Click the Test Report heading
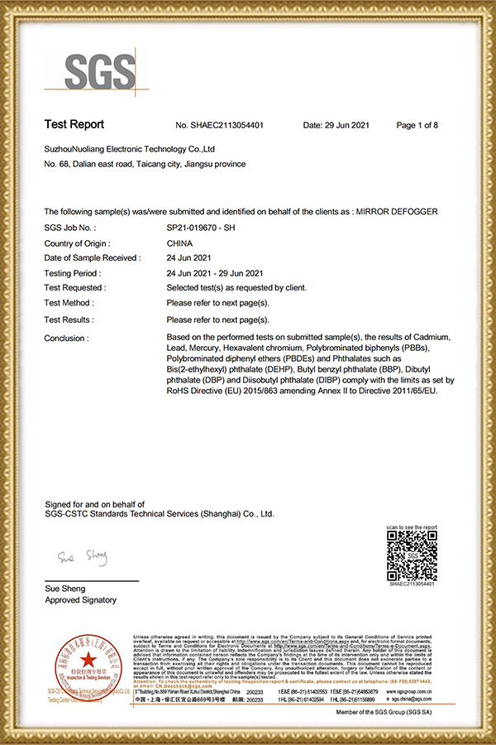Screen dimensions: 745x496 pyautogui.click(x=74, y=125)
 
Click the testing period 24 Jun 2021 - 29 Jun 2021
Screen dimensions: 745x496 pyautogui.click(x=214, y=273)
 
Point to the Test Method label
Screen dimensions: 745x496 pyautogui.click(x=68, y=304)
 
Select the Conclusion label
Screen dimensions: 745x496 pyautogui.click(x=66, y=338)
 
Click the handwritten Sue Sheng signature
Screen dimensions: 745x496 pyautogui.click(x=83, y=557)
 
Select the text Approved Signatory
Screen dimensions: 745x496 pyautogui.click(x=80, y=600)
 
